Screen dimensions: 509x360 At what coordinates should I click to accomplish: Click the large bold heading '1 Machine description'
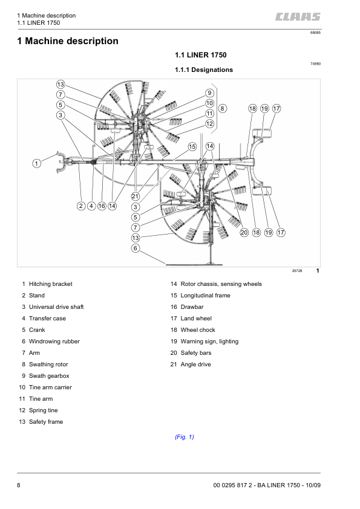click(68, 41)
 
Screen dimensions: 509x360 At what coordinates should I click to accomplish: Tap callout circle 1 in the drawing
click(36, 163)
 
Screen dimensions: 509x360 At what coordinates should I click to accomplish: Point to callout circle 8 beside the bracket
click(223, 108)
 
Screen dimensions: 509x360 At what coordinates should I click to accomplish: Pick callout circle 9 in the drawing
click(209, 92)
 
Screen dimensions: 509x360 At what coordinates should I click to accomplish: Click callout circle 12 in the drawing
click(209, 123)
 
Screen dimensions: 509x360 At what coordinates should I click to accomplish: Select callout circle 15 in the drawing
click(192, 146)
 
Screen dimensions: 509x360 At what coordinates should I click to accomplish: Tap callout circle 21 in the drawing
click(136, 196)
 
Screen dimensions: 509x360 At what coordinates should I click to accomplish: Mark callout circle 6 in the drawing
click(136, 248)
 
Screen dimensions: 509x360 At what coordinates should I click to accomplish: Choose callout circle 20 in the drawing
click(243, 232)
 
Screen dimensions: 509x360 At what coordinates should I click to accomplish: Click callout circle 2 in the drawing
click(80, 206)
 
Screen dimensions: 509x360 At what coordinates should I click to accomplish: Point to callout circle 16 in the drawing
click(102, 206)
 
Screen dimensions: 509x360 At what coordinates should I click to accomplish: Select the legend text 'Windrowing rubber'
click(54, 341)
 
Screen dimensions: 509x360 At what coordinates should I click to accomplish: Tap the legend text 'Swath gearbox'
click(50, 375)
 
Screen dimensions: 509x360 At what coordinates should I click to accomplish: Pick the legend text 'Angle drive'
click(195, 364)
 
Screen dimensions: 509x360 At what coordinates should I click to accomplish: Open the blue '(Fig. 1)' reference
click(184, 437)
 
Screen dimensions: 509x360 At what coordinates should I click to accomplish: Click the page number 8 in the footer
click(19, 485)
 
